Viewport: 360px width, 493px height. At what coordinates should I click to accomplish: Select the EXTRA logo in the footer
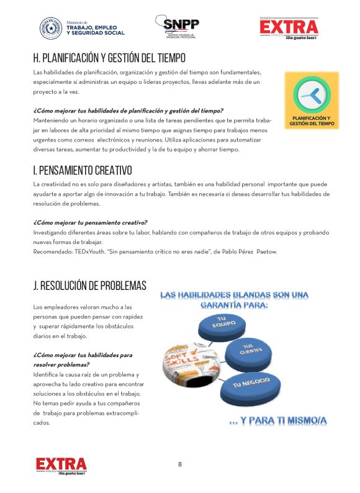point(61,465)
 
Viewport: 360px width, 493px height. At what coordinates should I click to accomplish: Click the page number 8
point(180,464)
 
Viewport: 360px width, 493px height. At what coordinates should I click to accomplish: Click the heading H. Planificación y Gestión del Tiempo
point(109,58)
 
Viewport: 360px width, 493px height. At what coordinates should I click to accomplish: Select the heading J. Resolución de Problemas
point(89,286)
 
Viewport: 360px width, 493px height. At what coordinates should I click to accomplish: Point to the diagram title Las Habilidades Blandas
point(243,300)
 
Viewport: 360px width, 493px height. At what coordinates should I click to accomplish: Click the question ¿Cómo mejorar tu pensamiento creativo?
point(90,222)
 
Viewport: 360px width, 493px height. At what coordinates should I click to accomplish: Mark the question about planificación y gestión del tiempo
point(128,111)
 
